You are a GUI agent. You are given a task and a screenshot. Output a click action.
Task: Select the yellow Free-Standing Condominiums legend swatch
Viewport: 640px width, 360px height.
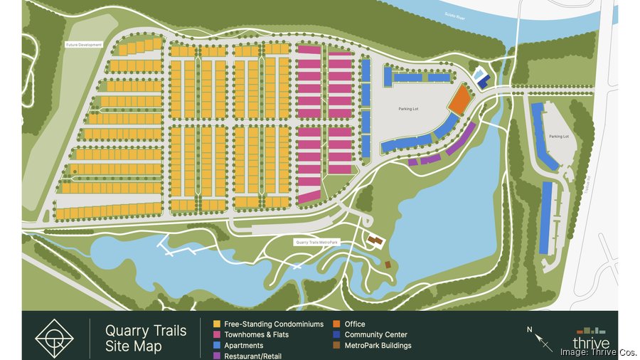coord(216,324)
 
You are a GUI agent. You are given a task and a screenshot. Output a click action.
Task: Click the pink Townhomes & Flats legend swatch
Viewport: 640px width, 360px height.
coord(216,335)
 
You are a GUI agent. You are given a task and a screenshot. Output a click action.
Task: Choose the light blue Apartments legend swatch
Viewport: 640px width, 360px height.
coord(216,346)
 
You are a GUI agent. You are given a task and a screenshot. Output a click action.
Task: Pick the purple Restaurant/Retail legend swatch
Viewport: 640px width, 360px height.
coord(216,356)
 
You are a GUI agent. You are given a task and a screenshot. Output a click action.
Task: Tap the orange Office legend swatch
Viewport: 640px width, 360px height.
coord(337,324)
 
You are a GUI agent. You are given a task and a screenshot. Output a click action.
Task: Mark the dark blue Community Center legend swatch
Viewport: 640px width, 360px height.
coord(337,335)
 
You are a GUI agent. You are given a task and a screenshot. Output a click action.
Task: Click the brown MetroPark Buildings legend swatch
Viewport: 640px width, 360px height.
coord(337,346)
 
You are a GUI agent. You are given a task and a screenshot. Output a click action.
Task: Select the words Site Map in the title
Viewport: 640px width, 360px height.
coord(134,346)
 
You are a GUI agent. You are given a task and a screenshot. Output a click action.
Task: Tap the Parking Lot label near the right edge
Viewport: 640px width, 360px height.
coord(559,136)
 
